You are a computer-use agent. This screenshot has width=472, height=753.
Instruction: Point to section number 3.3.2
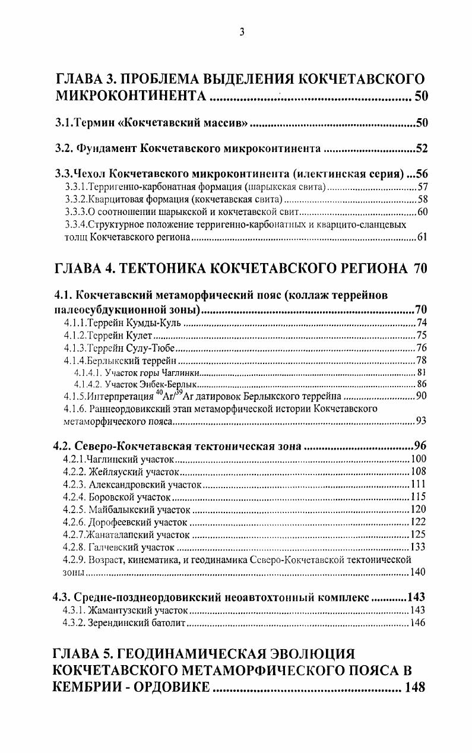pos(75,200)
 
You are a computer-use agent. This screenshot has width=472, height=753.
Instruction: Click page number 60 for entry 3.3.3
pos(423,212)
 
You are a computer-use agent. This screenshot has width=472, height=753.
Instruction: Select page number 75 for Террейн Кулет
pos(422,335)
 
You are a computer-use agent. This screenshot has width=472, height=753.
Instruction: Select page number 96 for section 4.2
pos(420,446)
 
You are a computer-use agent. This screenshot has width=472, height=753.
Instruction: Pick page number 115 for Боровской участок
pos(419,496)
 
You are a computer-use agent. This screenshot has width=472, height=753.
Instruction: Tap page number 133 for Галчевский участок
pos(419,547)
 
